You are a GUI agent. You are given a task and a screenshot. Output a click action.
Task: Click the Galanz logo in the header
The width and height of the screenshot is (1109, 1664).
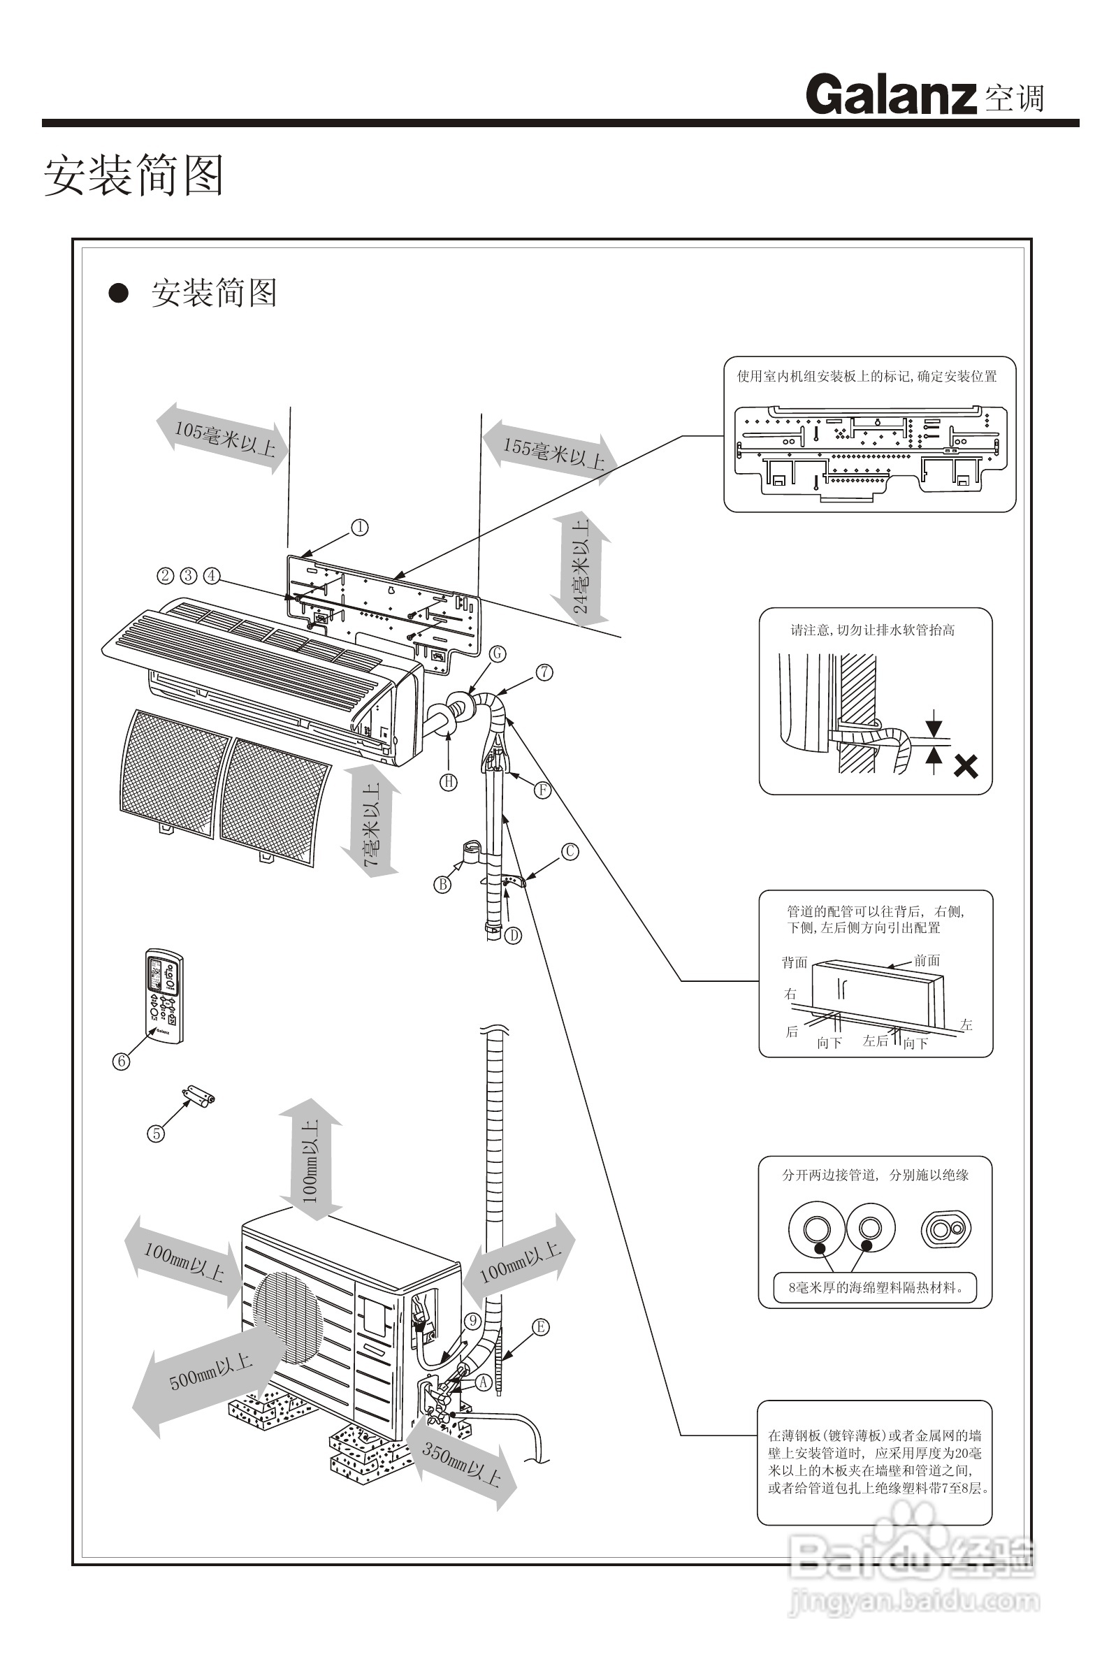click(890, 95)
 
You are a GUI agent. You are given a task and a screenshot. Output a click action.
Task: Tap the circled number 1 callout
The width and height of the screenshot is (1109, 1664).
click(360, 528)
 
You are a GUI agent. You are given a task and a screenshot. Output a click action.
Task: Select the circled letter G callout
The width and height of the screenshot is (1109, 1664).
click(498, 653)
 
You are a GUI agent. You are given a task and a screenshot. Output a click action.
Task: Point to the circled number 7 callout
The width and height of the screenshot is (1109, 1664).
click(544, 672)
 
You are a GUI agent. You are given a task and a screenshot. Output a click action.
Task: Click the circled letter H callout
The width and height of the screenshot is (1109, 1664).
click(449, 781)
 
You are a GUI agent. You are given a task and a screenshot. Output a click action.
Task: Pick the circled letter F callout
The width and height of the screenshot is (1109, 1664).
click(542, 790)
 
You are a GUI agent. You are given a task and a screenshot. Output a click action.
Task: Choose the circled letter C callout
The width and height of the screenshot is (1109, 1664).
click(570, 851)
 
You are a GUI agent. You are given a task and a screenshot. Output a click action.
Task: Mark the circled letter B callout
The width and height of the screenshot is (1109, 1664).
click(443, 884)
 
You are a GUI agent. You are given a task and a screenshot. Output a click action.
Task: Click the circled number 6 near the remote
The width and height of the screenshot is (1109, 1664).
click(122, 1061)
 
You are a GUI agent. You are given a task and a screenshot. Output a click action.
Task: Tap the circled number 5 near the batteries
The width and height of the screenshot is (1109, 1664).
click(156, 1134)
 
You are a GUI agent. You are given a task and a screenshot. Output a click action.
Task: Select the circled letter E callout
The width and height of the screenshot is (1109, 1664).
click(540, 1326)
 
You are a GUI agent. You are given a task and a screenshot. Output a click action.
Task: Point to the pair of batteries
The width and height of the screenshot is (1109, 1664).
click(198, 1097)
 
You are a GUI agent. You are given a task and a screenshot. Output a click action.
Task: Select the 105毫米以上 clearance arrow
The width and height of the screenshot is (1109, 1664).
click(224, 437)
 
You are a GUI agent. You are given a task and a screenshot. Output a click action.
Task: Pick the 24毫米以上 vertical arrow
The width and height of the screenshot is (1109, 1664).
click(581, 568)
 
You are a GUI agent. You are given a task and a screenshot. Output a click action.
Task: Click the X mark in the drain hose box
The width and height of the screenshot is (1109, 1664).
click(966, 766)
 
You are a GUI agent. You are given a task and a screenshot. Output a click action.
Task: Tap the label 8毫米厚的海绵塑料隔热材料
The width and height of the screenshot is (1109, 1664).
click(875, 1288)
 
